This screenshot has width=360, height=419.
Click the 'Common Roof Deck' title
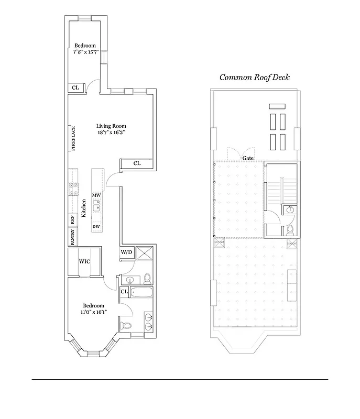click(254, 77)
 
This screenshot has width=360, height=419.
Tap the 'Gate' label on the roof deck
click(247, 158)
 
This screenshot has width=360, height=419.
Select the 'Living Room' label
click(111, 126)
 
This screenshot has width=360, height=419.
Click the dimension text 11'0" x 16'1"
click(93, 312)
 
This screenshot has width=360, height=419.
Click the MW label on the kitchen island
click(96, 195)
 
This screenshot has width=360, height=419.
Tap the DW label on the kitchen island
click(96, 226)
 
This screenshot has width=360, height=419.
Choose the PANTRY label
click(73, 237)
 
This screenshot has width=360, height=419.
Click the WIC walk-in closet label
click(85, 261)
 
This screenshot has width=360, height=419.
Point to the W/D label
click(127, 253)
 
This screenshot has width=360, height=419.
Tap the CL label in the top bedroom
click(75, 87)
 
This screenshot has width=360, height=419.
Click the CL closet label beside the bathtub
click(125, 292)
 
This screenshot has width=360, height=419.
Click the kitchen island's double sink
click(97, 208)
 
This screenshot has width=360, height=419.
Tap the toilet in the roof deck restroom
click(290, 229)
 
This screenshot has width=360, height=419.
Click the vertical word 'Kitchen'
click(84, 208)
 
